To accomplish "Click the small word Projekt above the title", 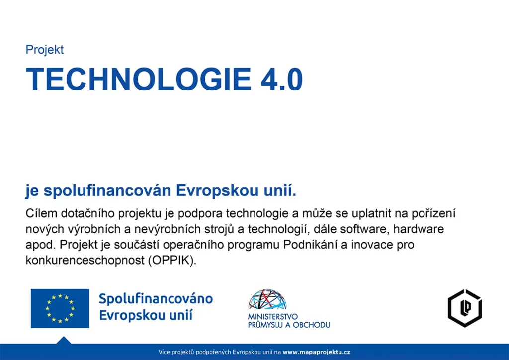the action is click(44, 50).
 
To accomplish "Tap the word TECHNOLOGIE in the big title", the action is click(139, 79).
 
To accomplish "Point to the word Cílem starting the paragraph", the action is click(41, 213).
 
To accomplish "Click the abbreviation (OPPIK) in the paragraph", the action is click(172, 260).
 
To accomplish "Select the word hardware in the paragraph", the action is click(419, 229).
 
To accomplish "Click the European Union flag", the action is click(60, 308).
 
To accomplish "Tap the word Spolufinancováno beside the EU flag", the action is click(156, 299).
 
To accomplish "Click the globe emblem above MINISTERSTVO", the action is click(267, 300).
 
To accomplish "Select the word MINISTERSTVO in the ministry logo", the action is click(273, 317).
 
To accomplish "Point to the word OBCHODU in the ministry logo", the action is click(311, 325).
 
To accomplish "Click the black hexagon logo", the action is click(465, 308).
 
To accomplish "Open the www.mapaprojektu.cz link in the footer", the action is click(317, 352).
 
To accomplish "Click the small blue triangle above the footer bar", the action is click(64, 340).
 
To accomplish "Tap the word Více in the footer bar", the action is click(164, 352).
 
